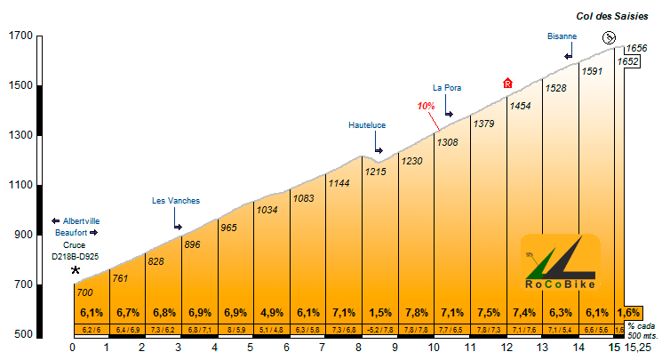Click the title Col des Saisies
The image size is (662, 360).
click(611, 16)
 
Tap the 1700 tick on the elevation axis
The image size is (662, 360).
click(20, 36)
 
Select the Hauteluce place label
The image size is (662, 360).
click(367, 125)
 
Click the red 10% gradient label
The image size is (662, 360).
click(426, 105)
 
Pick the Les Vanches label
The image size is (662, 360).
click(176, 201)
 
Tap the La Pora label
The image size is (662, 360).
click(447, 87)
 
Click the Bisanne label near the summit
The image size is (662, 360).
click(562, 36)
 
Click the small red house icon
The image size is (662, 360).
click(507, 83)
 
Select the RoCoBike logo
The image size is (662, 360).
click(560, 264)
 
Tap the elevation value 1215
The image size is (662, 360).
click(376, 172)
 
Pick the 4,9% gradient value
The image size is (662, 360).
click(272, 313)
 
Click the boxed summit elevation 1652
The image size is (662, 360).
click(629, 61)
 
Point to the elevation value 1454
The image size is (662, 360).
click(520, 106)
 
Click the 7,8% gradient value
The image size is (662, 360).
click(415, 313)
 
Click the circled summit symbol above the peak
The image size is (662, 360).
click(609, 37)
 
